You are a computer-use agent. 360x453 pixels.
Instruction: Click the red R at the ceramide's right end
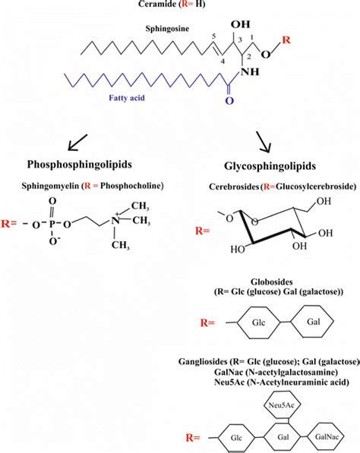286,38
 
